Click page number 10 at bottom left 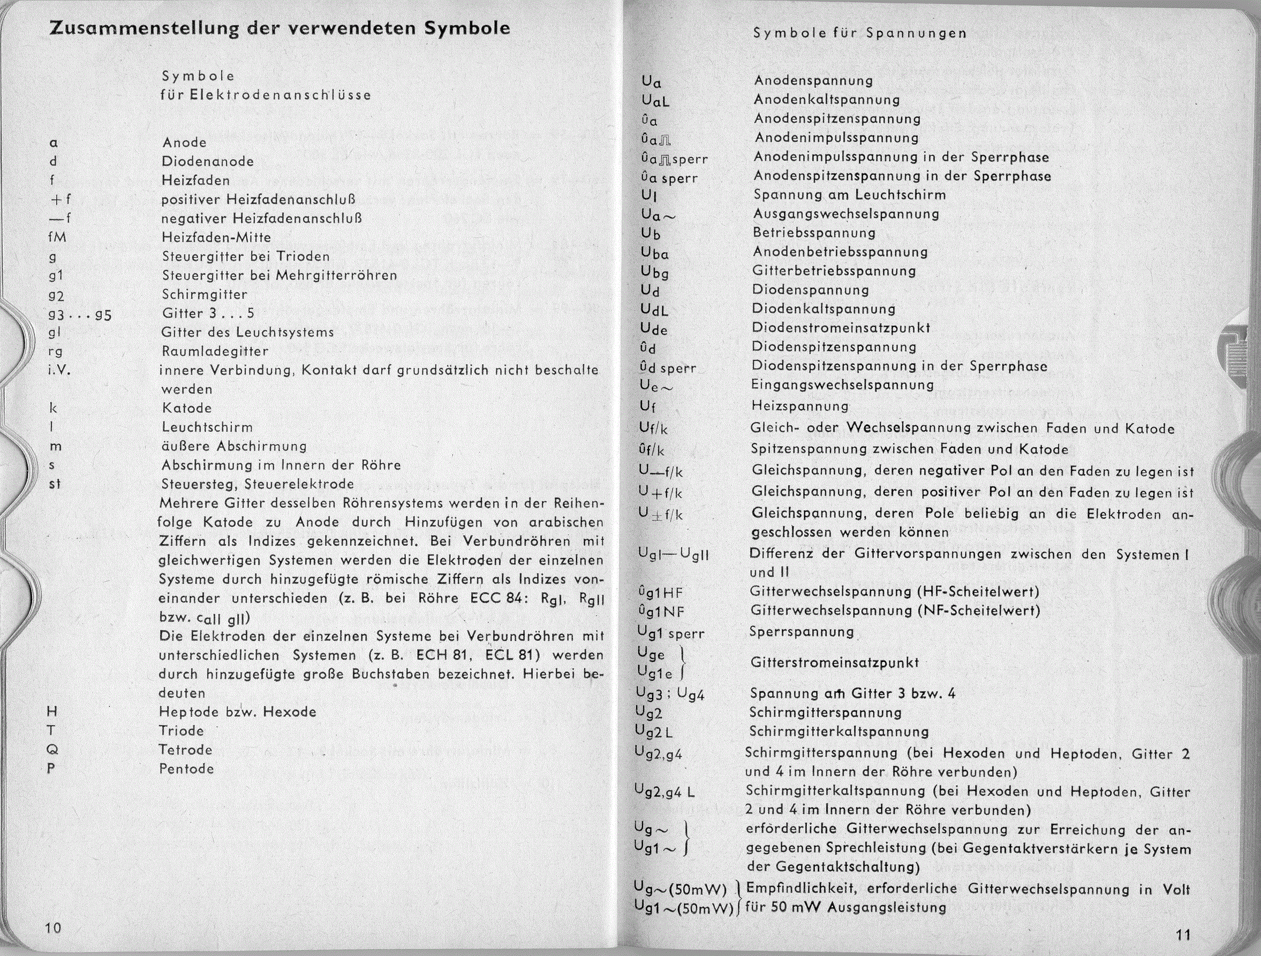coord(53,928)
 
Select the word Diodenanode coord(208,161)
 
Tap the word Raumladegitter coord(215,351)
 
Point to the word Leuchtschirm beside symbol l coord(207,427)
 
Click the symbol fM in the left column coord(58,237)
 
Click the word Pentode coord(186,769)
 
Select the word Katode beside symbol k coord(186,408)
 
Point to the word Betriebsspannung coord(814,232)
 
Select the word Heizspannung coord(800,406)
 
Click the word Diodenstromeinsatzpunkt coord(841,328)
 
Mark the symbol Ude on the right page coord(654,329)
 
